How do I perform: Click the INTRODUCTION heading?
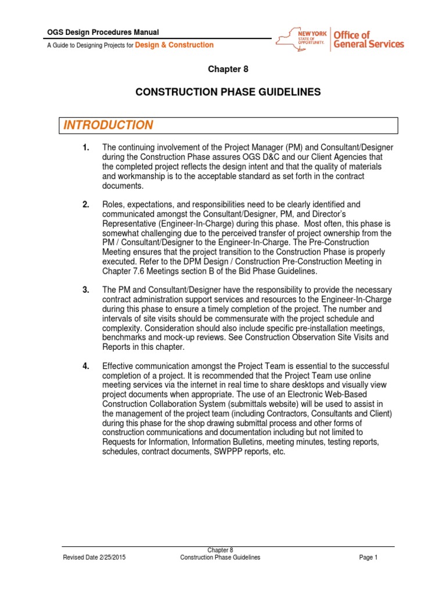click(x=109, y=126)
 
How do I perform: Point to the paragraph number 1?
click(x=86, y=148)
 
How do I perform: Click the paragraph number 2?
click(x=86, y=205)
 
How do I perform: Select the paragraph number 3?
click(x=86, y=289)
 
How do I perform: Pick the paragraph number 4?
click(x=86, y=365)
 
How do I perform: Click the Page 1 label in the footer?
click(x=368, y=557)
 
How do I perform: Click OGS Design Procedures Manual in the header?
click(x=103, y=33)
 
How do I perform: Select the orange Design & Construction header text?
click(x=174, y=45)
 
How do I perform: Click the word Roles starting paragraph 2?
click(x=113, y=205)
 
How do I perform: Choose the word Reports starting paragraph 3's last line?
click(x=117, y=347)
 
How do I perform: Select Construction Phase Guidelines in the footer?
click(x=220, y=557)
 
